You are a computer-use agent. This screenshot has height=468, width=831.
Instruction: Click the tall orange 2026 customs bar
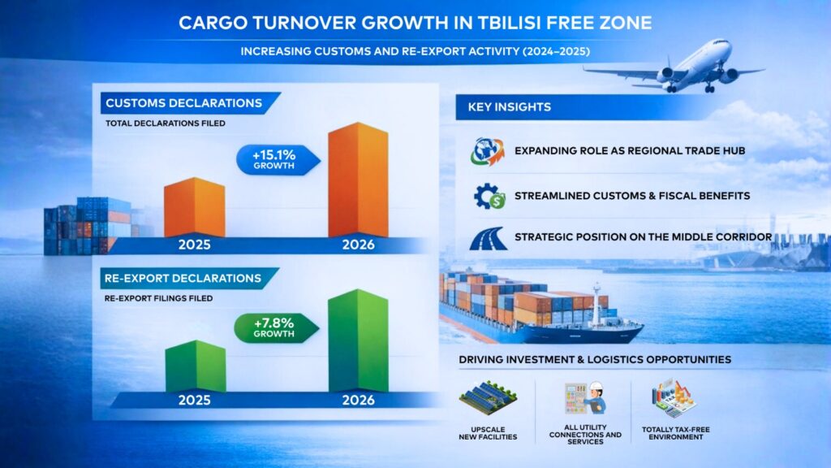point(357,180)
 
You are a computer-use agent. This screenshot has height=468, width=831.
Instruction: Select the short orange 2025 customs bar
point(194,207)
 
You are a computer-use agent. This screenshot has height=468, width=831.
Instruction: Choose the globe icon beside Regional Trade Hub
point(487,152)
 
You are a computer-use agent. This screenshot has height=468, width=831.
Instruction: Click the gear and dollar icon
point(487,196)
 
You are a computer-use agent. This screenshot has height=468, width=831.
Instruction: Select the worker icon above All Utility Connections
point(585,398)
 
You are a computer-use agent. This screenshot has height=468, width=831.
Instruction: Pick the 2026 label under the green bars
point(357,401)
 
